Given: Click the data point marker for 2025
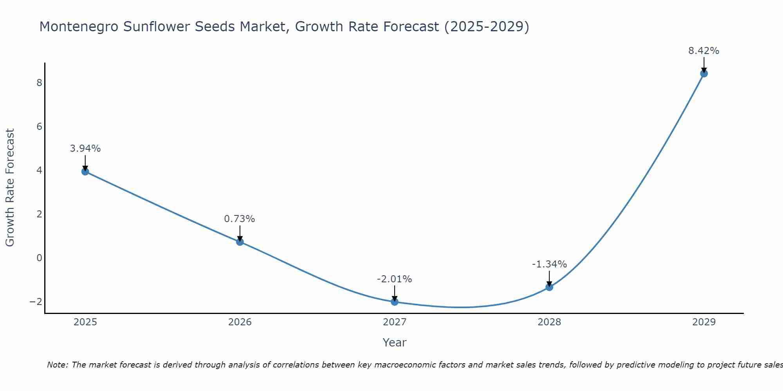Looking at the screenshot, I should (x=85, y=171).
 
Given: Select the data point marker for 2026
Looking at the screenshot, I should (x=240, y=242).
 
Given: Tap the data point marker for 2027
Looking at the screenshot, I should (x=395, y=302).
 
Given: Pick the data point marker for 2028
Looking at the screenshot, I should (x=549, y=287).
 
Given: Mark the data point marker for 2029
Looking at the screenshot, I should (x=704, y=74).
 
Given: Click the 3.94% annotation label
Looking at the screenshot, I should (x=85, y=149).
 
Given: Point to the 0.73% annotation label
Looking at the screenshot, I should (x=240, y=219).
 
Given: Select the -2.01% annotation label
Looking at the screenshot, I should (x=394, y=279).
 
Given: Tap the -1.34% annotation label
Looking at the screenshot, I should (x=549, y=264).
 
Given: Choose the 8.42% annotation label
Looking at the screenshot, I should (x=704, y=51).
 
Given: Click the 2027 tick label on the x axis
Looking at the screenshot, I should (x=395, y=322).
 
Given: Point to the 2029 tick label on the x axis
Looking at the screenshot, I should (x=704, y=322).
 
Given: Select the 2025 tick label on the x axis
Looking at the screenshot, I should (x=85, y=322).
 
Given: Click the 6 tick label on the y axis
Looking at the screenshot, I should (x=39, y=127).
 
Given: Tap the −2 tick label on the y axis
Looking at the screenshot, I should (x=36, y=302).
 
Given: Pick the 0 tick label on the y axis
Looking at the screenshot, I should (x=39, y=258).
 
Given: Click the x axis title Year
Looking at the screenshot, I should (x=395, y=343).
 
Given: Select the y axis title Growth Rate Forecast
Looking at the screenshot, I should (x=10, y=188).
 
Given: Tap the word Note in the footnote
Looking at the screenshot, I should (x=57, y=365).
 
